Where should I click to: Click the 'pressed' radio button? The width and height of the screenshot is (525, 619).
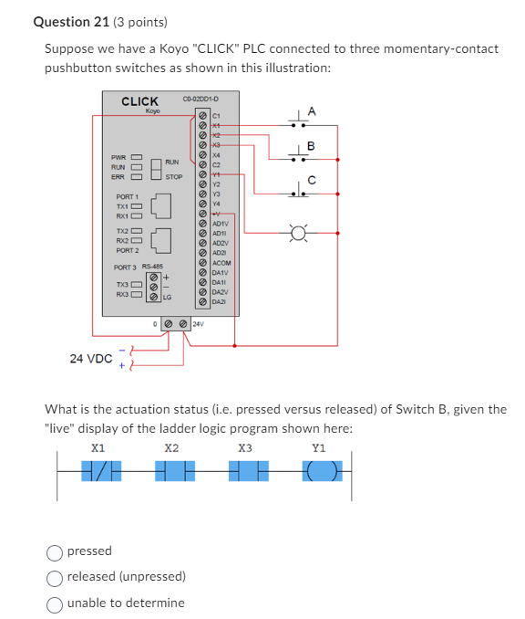click(55, 551)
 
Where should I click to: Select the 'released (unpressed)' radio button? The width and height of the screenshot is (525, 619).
click(55, 576)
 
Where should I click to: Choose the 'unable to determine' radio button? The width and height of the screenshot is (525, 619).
click(55, 603)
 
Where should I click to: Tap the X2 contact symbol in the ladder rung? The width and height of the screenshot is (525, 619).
click(171, 471)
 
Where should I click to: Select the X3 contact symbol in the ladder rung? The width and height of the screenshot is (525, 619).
click(244, 471)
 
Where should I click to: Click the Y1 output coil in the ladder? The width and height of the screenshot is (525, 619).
click(318, 471)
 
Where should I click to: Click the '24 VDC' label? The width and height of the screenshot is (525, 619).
click(91, 359)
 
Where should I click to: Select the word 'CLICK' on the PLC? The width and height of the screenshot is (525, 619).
click(140, 101)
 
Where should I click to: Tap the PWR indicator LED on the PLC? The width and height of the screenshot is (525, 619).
click(138, 156)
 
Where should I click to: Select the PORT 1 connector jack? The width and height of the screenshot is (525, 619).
click(160, 206)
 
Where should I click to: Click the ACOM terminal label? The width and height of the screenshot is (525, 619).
click(222, 263)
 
